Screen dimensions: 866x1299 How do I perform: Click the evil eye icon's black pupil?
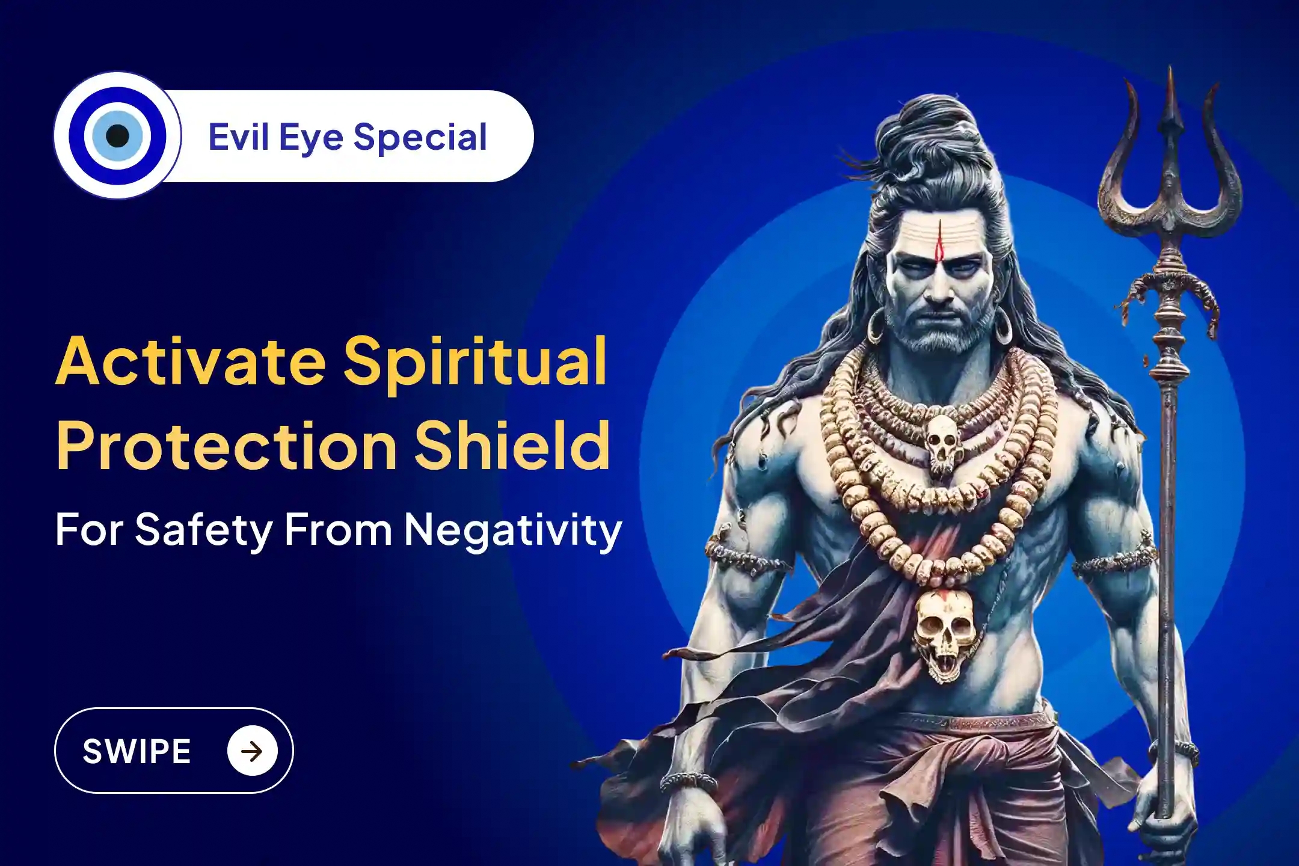click(x=117, y=136)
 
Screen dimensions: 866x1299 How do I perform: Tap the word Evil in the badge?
click(x=238, y=137)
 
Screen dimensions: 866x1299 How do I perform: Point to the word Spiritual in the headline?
click(x=475, y=363)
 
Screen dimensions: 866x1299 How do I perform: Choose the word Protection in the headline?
click(x=226, y=446)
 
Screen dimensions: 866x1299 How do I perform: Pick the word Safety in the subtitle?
click(x=204, y=530)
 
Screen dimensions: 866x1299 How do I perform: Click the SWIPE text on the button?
click(x=137, y=751)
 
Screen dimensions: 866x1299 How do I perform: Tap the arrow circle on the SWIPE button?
click(x=252, y=751)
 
